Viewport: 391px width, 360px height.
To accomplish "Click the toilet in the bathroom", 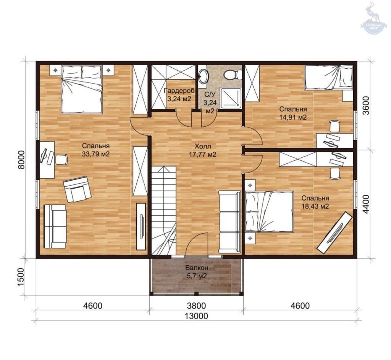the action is tap(233, 74).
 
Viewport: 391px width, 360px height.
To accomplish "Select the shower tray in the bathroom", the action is tap(231, 98).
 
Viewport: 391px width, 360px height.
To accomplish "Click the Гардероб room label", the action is tap(179, 91).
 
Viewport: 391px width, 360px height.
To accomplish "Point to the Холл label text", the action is tap(202, 146).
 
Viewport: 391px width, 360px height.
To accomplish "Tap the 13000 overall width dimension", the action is tap(196, 316).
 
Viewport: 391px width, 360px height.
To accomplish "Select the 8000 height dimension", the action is tap(21, 160).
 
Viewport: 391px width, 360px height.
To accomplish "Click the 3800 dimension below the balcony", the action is tap(197, 305).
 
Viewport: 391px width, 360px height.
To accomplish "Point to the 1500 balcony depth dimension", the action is tap(21, 277).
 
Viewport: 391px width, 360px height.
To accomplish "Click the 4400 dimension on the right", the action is tap(365, 204).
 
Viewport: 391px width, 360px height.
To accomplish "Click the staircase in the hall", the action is tap(163, 211).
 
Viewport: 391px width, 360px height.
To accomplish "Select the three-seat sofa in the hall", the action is tap(229, 222).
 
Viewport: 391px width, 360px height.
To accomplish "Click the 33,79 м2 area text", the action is tap(96, 154).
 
